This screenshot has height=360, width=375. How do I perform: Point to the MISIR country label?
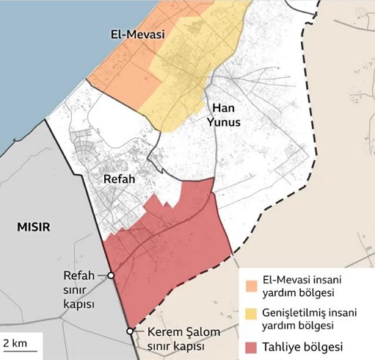click(x=33, y=226)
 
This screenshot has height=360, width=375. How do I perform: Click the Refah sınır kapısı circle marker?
click(x=111, y=276)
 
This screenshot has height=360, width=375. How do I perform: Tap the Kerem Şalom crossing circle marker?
click(x=130, y=331)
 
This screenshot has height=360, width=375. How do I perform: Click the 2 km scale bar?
click(x=16, y=348)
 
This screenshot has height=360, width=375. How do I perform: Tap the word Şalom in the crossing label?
click(x=201, y=332)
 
